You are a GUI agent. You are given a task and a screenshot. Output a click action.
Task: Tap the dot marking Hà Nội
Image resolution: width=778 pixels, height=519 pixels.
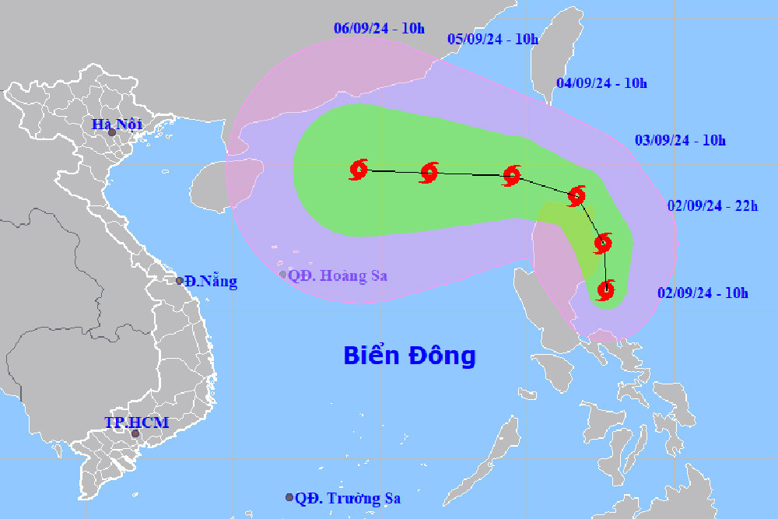coord(111,133)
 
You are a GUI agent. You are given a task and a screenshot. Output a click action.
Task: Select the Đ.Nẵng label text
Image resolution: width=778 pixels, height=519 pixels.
coord(211,282)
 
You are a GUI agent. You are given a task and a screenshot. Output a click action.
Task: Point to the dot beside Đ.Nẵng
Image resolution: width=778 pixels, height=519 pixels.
coord(180,281)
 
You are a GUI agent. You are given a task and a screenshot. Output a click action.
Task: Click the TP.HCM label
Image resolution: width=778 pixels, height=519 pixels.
coord(137,423)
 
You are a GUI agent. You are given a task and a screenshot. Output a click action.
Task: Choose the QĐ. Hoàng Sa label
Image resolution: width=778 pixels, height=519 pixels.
coord(337,275)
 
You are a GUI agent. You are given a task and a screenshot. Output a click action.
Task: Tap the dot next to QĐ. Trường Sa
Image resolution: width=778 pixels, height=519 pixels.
coord(289,497)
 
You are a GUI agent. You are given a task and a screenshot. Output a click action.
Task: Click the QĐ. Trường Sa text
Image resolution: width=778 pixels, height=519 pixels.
coord(348,498)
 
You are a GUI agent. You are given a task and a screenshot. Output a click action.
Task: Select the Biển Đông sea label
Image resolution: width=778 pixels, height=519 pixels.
coord(409,356)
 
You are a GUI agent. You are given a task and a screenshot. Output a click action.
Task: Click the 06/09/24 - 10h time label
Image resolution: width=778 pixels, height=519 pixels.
coord(380,29)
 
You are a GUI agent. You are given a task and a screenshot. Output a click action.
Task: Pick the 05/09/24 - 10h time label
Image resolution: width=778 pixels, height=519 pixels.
coord(493,40)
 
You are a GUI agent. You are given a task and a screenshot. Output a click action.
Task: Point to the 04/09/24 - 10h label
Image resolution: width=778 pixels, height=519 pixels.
coord(603,83)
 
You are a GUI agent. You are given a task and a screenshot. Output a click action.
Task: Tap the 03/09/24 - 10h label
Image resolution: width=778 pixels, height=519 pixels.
coord(681,141)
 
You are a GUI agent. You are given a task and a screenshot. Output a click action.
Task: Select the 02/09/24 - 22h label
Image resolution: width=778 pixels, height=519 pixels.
coord(713,206)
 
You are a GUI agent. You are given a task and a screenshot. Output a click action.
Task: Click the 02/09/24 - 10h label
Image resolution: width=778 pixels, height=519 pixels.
coord(703,293)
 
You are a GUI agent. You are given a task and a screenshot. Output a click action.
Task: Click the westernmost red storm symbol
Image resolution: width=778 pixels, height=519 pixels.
coord(359,170)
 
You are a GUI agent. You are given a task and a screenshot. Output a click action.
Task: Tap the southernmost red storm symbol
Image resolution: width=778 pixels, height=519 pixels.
coord(605,290)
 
